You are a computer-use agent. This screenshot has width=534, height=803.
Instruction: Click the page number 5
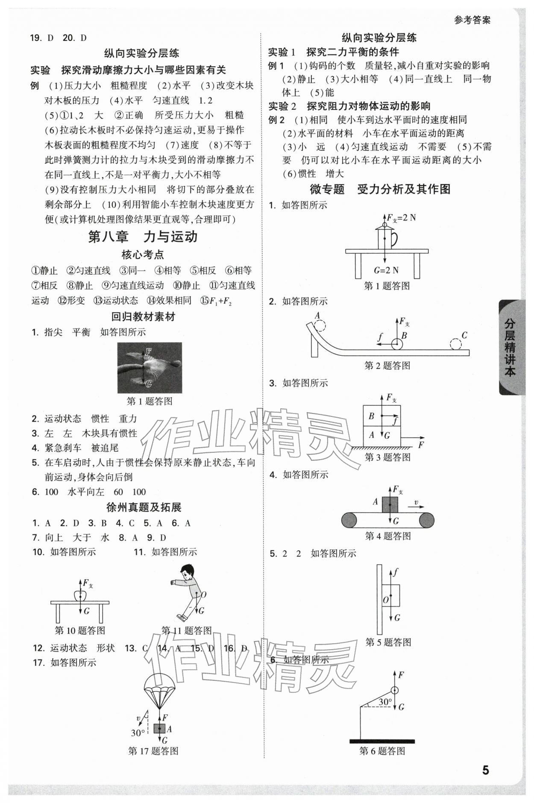(x=485, y=770)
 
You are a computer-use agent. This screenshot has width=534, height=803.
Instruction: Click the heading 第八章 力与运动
(x=143, y=237)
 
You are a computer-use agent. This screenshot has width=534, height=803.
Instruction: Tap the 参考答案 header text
(x=472, y=20)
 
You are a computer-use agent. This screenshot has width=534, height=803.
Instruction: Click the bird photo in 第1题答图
(x=150, y=367)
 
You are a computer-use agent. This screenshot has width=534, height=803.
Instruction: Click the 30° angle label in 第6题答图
(x=385, y=702)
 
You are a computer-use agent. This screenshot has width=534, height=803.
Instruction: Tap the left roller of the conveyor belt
(x=349, y=520)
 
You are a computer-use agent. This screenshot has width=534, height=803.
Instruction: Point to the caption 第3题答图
(x=387, y=457)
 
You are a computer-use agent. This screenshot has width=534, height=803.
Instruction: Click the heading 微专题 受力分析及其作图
(x=380, y=189)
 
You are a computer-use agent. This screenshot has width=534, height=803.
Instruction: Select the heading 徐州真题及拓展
(x=144, y=507)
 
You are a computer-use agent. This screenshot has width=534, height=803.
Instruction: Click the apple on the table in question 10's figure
(x=80, y=595)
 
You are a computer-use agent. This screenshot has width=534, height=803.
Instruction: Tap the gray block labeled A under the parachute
(x=159, y=729)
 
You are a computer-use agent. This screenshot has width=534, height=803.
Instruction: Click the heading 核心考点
(x=143, y=255)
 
